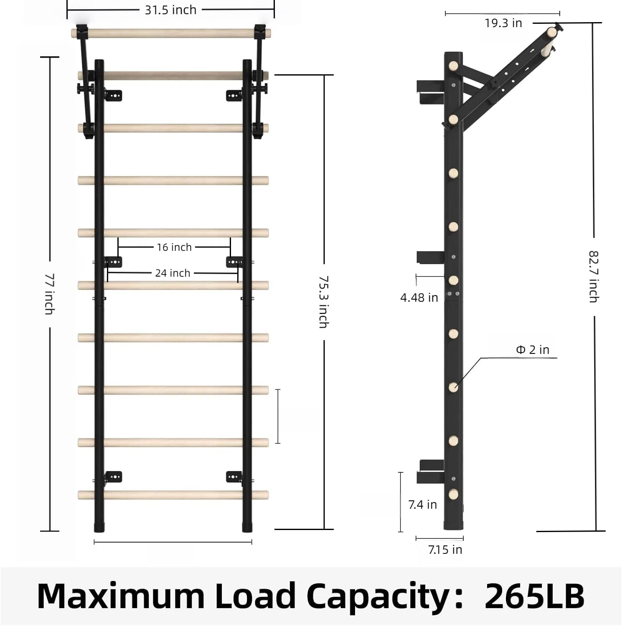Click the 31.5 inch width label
tap(170, 10)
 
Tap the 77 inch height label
tap(50, 294)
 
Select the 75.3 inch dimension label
tap(324, 301)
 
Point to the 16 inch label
tap(174, 247)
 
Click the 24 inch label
tap(173, 273)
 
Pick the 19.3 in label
tap(503, 23)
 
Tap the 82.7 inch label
tap(594, 276)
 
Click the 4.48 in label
tap(419, 298)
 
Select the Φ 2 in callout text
tap(533, 350)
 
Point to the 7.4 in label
tap(422, 505)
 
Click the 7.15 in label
tap(445, 550)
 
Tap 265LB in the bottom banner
tap(534, 596)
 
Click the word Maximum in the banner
tap(121, 596)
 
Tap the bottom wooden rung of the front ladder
tap(173, 495)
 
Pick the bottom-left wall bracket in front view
tap(113, 477)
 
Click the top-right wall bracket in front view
tap(234, 96)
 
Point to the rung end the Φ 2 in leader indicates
tap(454, 387)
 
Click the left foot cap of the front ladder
tap(99, 527)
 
